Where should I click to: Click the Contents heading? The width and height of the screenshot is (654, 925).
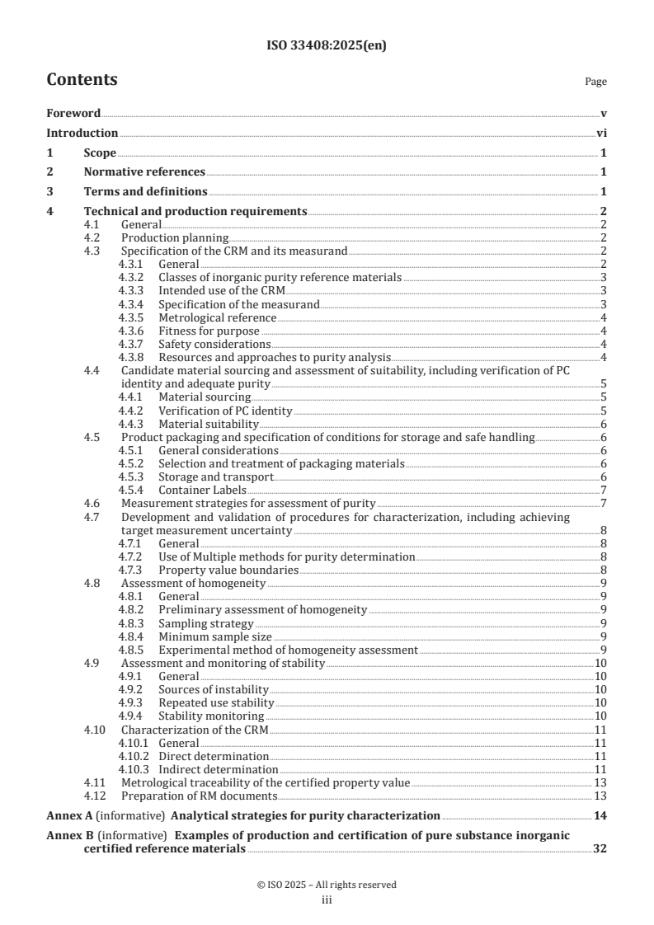pyautogui.click(x=82, y=80)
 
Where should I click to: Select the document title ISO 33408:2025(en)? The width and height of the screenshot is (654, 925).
pyautogui.click(x=327, y=46)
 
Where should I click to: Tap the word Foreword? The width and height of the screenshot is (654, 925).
pyautogui.click(x=73, y=113)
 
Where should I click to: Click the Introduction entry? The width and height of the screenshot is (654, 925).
pyautogui.click(x=82, y=133)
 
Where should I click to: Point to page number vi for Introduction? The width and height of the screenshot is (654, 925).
pyautogui.click(x=602, y=133)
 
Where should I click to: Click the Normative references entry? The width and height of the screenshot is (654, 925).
pyautogui.click(x=144, y=172)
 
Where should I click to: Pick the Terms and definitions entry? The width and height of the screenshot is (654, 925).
pyautogui.click(x=145, y=192)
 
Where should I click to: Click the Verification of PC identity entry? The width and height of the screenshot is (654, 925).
pyautogui.click(x=225, y=411)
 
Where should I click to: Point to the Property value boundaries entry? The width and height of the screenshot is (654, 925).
pyautogui.click(x=228, y=570)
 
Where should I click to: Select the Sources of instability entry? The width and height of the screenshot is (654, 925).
pyautogui.click(x=214, y=689)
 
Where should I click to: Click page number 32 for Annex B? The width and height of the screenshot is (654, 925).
pyautogui.click(x=600, y=849)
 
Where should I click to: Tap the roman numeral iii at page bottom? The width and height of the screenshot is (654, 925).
pyautogui.click(x=327, y=900)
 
